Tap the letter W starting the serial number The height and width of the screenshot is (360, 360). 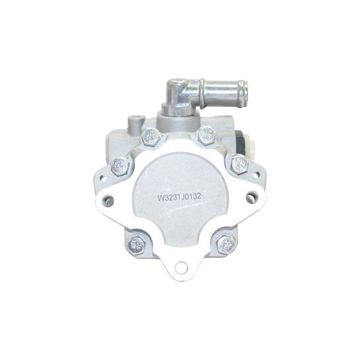point(160,196)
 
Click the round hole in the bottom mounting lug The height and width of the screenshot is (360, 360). point(180,266)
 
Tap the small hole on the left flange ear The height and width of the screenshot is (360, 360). point(102,178)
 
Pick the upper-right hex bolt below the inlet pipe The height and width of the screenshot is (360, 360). point(207,136)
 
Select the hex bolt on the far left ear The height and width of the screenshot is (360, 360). point(119,165)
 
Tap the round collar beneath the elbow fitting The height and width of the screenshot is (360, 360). point(173,109)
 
